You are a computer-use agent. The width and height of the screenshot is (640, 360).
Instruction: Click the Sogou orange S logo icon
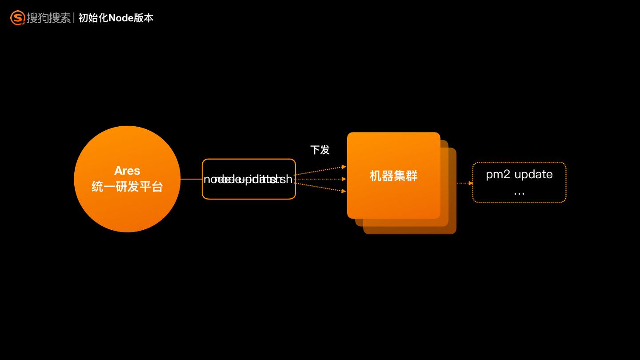point(17,18)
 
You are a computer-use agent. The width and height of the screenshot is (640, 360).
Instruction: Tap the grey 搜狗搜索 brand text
point(48,18)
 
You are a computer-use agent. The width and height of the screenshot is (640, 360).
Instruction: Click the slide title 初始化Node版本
point(116,18)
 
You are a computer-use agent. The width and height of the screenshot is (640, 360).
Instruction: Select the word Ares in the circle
point(127,171)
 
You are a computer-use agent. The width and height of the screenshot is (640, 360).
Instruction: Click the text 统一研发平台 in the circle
point(127,186)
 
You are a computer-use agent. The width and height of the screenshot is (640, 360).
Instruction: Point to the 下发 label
point(320,150)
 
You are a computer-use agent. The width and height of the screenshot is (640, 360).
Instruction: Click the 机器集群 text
point(393,176)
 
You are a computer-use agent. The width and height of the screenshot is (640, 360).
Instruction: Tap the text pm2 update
point(519,174)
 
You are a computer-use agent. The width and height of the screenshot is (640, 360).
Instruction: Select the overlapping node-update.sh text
point(248,179)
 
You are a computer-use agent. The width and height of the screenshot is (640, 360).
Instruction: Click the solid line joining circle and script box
point(191,179)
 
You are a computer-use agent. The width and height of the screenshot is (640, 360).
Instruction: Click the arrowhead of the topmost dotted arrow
point(344,167)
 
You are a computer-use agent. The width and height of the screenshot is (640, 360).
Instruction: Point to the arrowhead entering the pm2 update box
point(471,183)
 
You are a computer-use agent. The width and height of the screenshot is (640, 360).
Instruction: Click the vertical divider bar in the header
point(74,18)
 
